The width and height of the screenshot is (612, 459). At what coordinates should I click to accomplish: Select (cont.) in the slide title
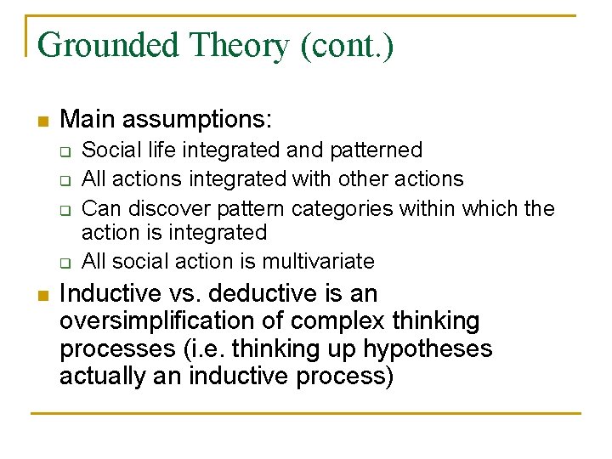[x=346, y=45]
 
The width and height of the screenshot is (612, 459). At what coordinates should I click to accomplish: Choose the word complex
[x=327, y=322]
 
